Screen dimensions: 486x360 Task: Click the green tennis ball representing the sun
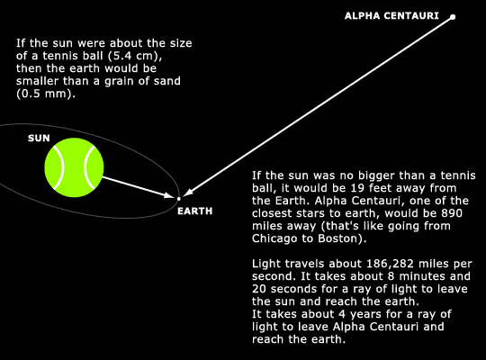(x=74, y=167)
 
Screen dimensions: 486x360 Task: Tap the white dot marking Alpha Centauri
(x=453, y=17)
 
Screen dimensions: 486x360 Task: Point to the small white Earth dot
(x=178, y=199)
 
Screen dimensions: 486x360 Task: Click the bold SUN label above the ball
(x=39, y=138)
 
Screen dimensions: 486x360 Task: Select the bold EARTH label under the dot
(x=195, y=211)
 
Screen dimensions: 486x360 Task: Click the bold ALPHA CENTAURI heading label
(x=391, y=16)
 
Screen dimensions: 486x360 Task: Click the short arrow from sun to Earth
(x=138, y=187)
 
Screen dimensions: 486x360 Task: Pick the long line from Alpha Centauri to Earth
(x=318, y=106)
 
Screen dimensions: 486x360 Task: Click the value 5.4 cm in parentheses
(x=133, y=56)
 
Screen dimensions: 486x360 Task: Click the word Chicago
(x=273, y=238)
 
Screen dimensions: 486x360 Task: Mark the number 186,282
(x=390, y=264)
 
